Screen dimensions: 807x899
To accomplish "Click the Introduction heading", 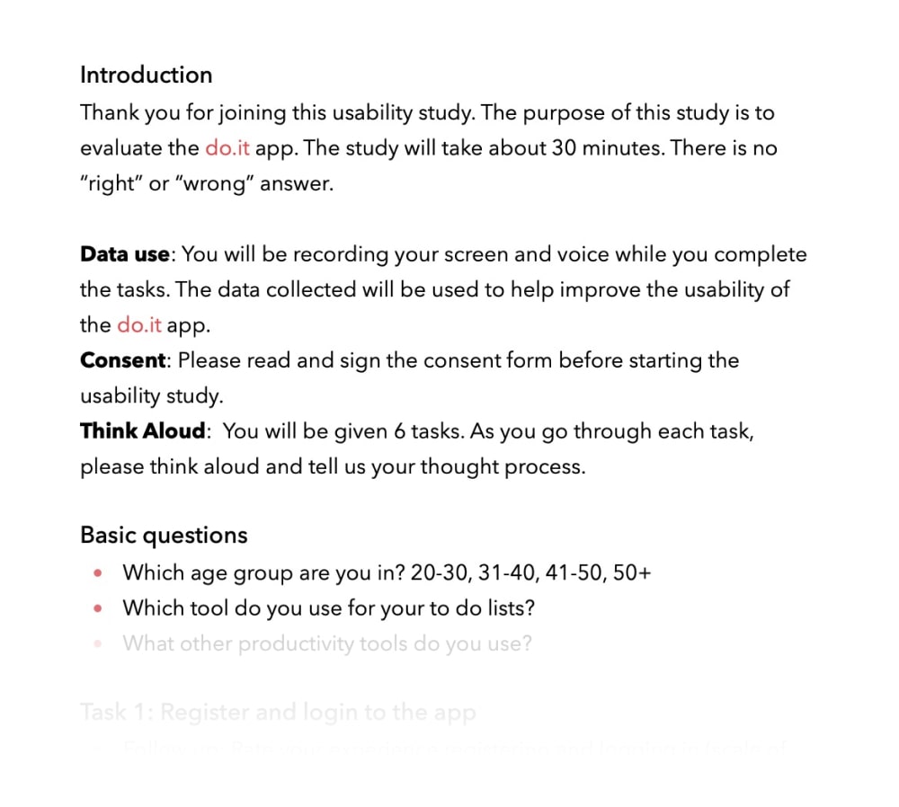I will (146, 75).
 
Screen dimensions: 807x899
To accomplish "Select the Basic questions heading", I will (164, 535).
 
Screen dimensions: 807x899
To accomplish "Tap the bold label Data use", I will (124, 254).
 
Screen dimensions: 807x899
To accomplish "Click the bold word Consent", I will (123, 360).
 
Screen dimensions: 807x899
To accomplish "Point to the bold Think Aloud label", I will (143, 431).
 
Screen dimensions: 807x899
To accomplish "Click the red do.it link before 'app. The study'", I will (227, 148).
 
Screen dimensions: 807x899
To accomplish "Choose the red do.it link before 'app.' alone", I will (139, 325).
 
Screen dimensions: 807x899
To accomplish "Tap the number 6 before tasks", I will (400, 431).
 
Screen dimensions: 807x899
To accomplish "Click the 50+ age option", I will (631, 572).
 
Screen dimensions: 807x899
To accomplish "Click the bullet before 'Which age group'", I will (98, 573).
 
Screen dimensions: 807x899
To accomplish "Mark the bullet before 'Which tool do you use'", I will (98, 608).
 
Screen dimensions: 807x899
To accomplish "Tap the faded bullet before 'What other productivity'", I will (98, 644).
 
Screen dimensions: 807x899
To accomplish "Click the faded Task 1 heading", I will (278, 713).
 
